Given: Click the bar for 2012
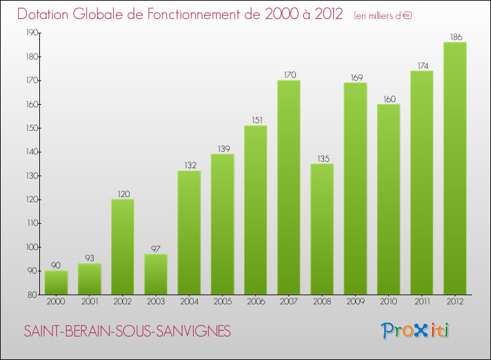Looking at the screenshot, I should coord(455,168).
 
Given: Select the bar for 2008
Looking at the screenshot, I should coord(322,229).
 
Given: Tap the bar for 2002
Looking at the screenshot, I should coord(122,247).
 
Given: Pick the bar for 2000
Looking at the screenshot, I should coord(56,283).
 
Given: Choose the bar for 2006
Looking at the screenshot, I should coord(255,210).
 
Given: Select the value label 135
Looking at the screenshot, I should coord(322,158).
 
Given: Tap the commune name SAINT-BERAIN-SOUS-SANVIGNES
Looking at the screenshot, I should coord(128,332).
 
